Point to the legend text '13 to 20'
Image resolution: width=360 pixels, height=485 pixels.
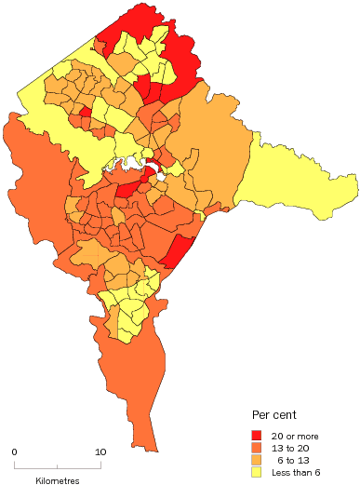tap(287, 447)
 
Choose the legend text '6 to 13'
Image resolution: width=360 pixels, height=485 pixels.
tap(289, 459)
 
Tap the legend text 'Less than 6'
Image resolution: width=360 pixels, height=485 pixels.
tap(293, 471)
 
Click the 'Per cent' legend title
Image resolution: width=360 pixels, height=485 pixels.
tap(274, 414)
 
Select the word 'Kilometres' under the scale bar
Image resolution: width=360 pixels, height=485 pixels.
tap(58, 480)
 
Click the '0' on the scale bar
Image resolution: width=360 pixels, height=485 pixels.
tap(14, 452)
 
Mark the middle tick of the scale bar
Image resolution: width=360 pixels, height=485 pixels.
tap(58, 465)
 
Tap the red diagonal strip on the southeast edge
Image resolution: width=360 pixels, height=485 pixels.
tap(177, 251)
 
